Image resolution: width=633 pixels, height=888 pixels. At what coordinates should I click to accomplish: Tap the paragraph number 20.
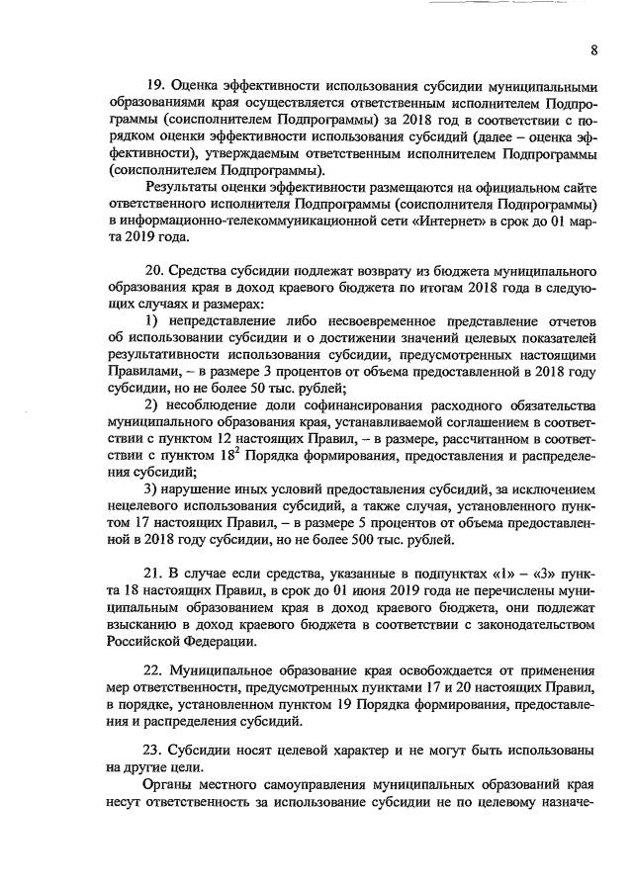[154, 271]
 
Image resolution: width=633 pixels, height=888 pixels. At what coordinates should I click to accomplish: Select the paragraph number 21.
[154, 572]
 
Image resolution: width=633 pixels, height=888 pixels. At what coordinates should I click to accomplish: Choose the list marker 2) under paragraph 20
[151, 405]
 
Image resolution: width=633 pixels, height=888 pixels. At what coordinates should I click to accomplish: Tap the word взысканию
[140, 624]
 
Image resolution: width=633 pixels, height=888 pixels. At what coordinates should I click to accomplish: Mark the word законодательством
[530, 624]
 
